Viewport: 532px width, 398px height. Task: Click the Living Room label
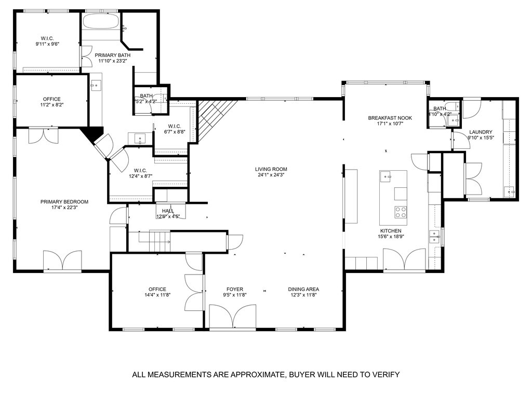[271, 169]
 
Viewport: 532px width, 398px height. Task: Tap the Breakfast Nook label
[390, 118]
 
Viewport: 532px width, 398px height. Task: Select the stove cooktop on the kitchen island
[401, 212]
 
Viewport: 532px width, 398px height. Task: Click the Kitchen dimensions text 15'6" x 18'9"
[390, 237]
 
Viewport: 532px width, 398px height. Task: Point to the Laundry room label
[480, 132]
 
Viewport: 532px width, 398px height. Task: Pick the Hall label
[168, 211]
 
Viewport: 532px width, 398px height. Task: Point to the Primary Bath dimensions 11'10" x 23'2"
[113, 61]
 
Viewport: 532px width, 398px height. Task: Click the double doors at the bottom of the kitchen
[404, 259]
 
